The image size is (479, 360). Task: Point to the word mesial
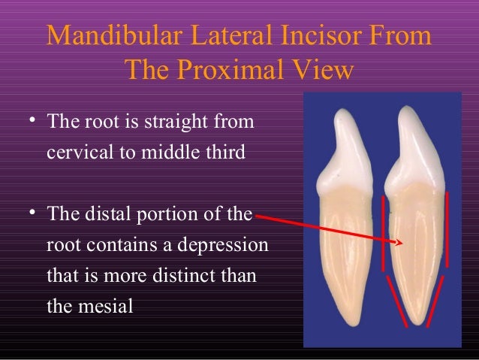tap(107, 307)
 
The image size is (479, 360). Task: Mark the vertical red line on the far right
tap(448, 229)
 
